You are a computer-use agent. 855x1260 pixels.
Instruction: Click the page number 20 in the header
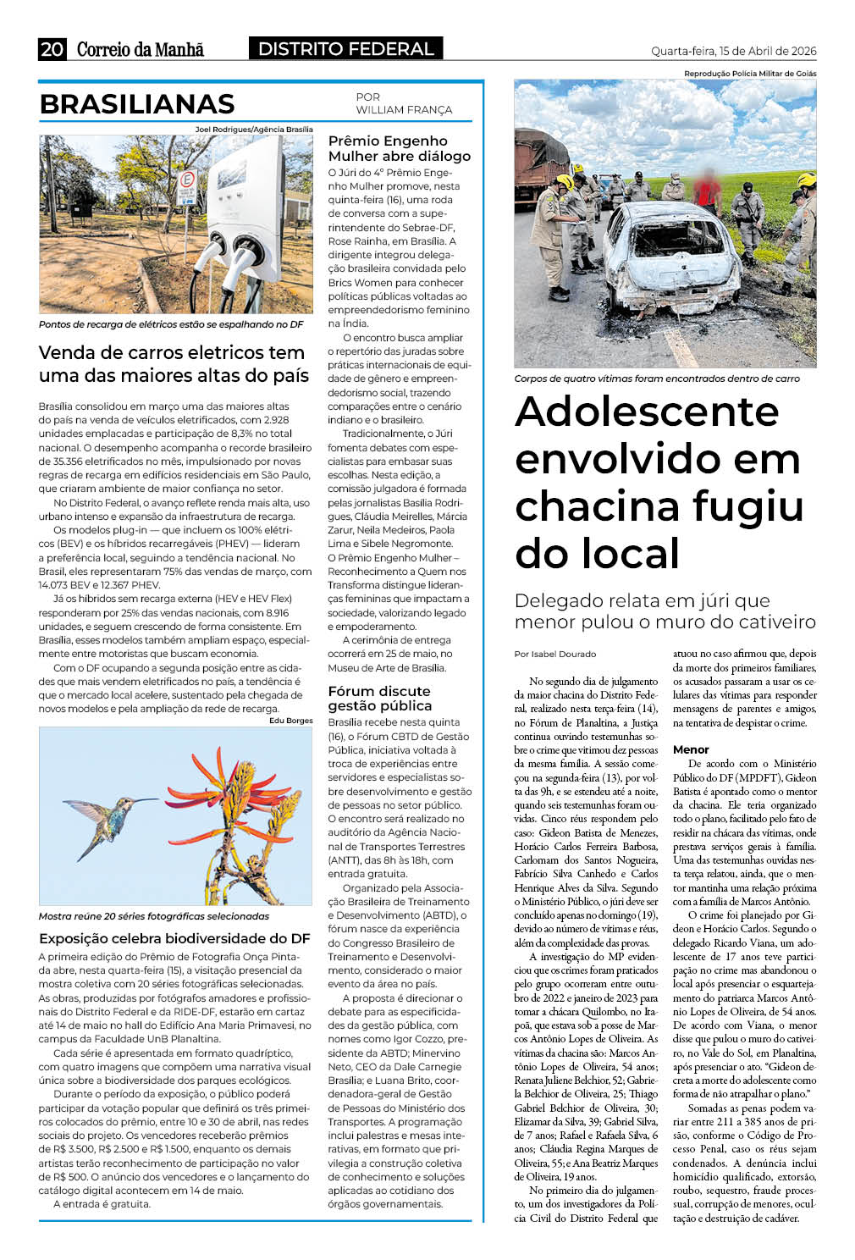point(52,49)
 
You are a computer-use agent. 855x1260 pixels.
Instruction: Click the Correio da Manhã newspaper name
point(140,49)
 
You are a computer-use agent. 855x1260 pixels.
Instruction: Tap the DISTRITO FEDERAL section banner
point(345,49)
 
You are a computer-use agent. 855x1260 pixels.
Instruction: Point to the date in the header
point(733,51)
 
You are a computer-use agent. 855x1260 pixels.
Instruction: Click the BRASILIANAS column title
point(137,104)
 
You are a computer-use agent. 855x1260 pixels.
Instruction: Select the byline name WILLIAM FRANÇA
point(404,110)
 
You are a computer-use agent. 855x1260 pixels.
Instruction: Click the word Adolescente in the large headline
point(647,412)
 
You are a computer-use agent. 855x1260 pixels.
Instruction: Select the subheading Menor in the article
point(691,749)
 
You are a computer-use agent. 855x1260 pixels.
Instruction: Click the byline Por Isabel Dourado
point(555,654)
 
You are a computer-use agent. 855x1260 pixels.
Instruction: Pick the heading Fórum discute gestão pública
point(380,699)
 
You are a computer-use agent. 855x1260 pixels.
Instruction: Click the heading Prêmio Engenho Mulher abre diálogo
point(400,148)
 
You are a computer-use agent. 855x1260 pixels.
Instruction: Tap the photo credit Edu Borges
point(290,721)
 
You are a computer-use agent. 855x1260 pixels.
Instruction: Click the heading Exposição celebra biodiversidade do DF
point(174,938)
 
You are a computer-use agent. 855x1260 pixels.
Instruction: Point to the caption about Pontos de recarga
point(171,324)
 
